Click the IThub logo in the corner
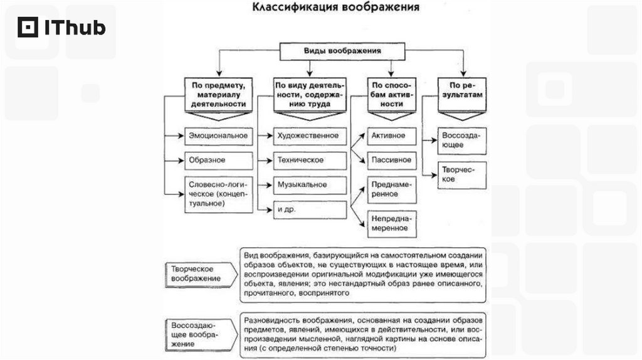click(61, 28)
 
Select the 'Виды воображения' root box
click(343, 51)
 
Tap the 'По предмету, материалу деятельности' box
click(215, 94)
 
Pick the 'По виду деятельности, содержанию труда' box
click(310, 94)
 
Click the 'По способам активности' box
click(391, 94)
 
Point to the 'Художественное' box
click(310, 135)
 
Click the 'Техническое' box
click(310, 160)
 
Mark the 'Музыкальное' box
click(310, 185)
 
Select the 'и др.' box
click(310, 210)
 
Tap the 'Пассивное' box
click(391, 160)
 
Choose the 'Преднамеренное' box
click(391, 189)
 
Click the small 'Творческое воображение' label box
click(196, 273)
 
